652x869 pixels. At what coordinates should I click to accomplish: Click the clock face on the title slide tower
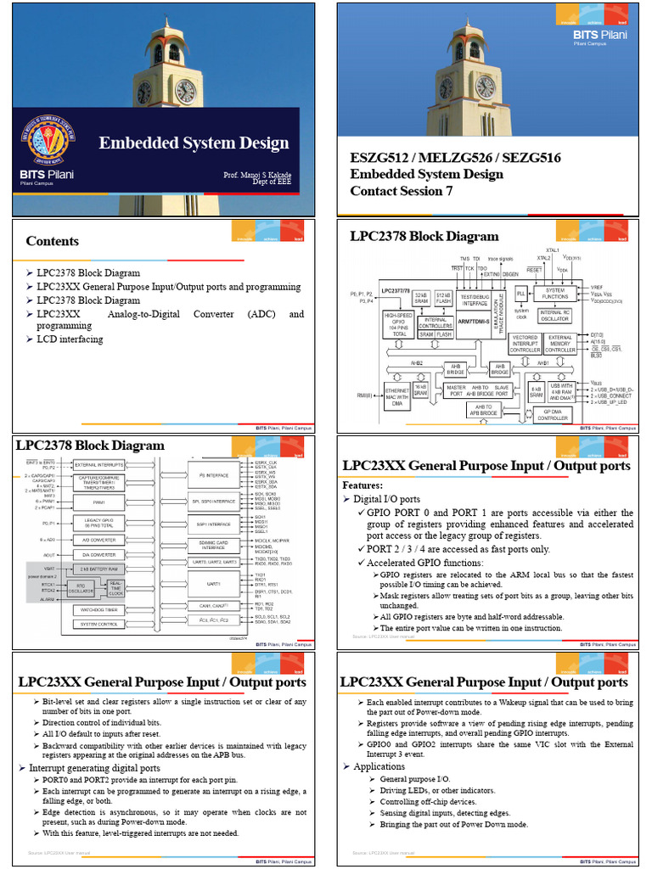pos(184,91)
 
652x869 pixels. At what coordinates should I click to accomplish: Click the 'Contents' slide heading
pos(52,241)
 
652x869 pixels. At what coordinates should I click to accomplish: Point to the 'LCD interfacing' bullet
pos(69,339)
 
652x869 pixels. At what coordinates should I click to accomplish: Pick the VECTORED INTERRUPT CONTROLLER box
pos(525,344)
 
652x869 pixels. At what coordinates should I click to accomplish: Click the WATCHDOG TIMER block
pos(99,609)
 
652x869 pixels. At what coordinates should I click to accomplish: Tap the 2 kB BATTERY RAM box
pos(99,568)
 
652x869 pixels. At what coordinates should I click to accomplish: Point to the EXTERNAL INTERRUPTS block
pos(99,465)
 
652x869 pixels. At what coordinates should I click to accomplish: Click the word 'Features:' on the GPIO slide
pos(363,485)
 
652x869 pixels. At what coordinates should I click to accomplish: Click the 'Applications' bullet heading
pos(379,766)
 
